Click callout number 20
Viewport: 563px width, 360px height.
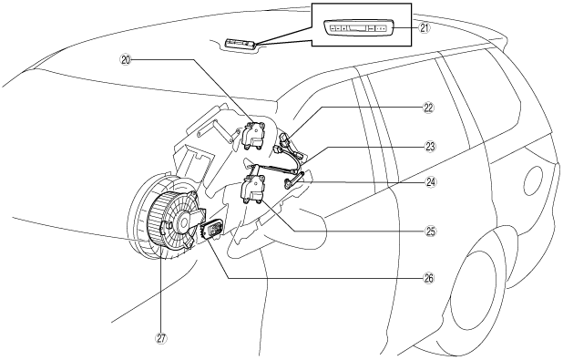[126, 60]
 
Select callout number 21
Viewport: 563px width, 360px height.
[425, 27]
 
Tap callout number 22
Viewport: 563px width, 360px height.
[428, 108]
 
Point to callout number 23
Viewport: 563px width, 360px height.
[429, 147]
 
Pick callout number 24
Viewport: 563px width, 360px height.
[431, 182]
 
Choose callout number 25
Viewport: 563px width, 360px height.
[430, 231]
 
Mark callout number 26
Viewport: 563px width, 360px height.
[428, 278]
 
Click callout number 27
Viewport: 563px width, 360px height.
[161, 338]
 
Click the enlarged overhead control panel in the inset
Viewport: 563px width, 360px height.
[359, 27]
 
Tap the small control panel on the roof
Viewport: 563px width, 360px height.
[241, 44]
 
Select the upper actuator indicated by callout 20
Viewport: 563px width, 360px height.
[254, 135]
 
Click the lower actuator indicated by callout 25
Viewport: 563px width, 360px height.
[253, 189]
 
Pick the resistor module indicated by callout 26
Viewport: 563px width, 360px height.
[213, 231]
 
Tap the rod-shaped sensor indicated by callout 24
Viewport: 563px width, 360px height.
[293, 180]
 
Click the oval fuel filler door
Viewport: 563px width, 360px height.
[533, 180]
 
